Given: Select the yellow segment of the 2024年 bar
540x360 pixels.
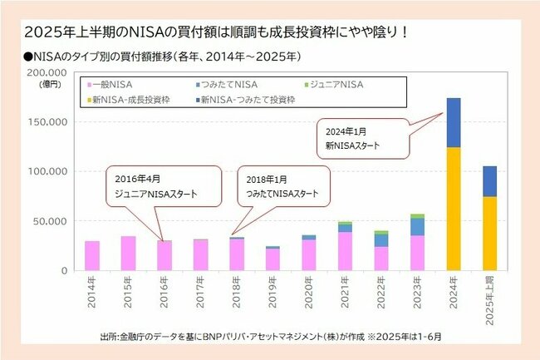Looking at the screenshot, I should [x=454, y=209].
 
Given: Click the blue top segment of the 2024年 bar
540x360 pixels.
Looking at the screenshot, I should [x=454, y=122].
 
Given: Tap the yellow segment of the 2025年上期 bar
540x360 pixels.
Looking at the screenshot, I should [x=489, y=233].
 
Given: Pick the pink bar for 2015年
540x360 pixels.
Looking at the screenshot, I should [x=128, y=254].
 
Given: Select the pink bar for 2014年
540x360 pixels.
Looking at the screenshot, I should [x=92, y=256].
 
